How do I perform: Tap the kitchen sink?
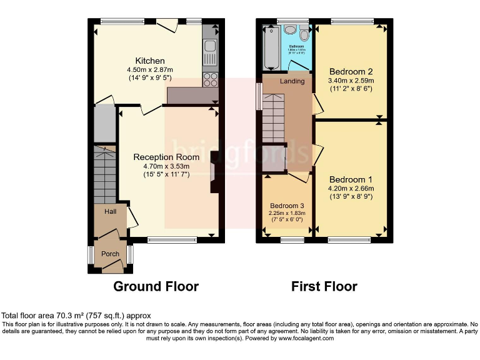(x=209, y=46)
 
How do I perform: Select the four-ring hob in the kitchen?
(x=210, y=79)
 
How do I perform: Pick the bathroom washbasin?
(x=290, y=30)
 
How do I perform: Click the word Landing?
(x=292, y=81)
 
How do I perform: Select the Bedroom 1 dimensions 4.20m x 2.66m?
(x=351, y=188)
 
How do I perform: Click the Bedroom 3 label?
(x=287, y=206)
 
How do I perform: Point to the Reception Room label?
(x=166, y=157)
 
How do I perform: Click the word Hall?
(x=110, y=212)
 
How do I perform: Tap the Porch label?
(x=111, y=254)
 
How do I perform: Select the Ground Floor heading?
(x=156, y=287)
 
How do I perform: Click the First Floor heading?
(x=324, y=287)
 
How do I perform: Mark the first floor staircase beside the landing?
(x=272, y=118)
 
